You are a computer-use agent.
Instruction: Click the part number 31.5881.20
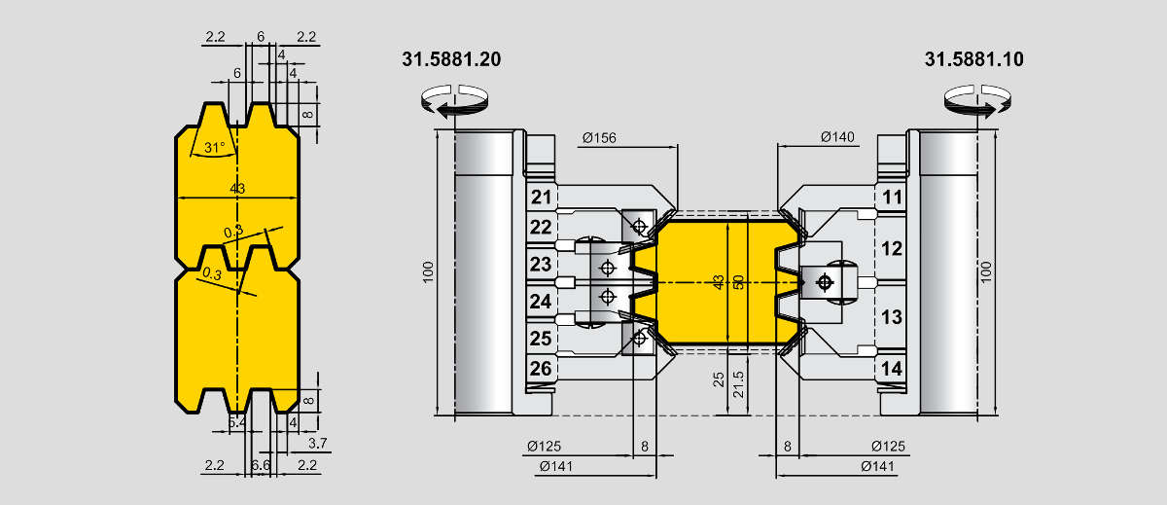pos(451,59)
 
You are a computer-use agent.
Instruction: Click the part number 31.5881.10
pos(973,59)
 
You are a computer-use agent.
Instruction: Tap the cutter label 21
pos(542,197)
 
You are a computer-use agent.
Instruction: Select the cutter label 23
pos(541,265)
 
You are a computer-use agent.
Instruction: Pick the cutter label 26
pos(541,369)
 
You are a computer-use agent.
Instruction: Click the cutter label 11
pos(892,198)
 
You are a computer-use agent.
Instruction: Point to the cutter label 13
pos(892,317)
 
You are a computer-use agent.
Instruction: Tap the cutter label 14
pos(892,369)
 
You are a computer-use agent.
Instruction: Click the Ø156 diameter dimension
pos(599,138)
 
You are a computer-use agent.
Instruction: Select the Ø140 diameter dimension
pos(837,137)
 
